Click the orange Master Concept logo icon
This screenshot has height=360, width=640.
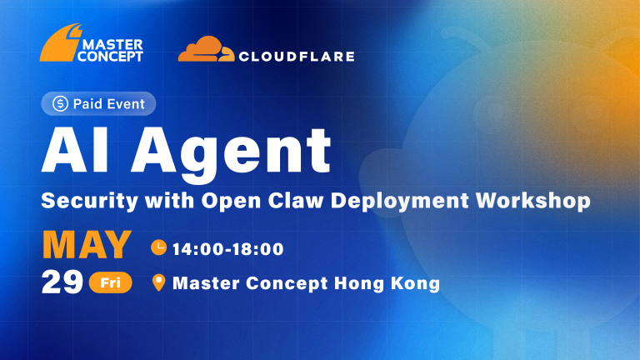(59, 44)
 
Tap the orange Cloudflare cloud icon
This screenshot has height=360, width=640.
(206, 49)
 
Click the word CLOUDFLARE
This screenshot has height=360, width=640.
(297, 57)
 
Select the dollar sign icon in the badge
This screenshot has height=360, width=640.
(60, 103)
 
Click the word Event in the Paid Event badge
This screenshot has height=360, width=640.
(126, 104)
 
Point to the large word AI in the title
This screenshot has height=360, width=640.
(75, 151)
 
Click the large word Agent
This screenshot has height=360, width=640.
(231, 154)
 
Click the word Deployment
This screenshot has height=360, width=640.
(400, 201)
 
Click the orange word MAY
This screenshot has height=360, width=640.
(87, 245)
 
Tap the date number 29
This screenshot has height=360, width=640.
(62, 282)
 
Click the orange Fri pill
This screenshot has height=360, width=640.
(111, 282)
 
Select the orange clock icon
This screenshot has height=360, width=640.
(159, 247)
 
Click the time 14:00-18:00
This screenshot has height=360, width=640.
(227, 249)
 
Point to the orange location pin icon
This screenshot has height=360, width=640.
(159, 282)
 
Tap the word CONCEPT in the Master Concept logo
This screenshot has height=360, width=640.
(110, 57)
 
